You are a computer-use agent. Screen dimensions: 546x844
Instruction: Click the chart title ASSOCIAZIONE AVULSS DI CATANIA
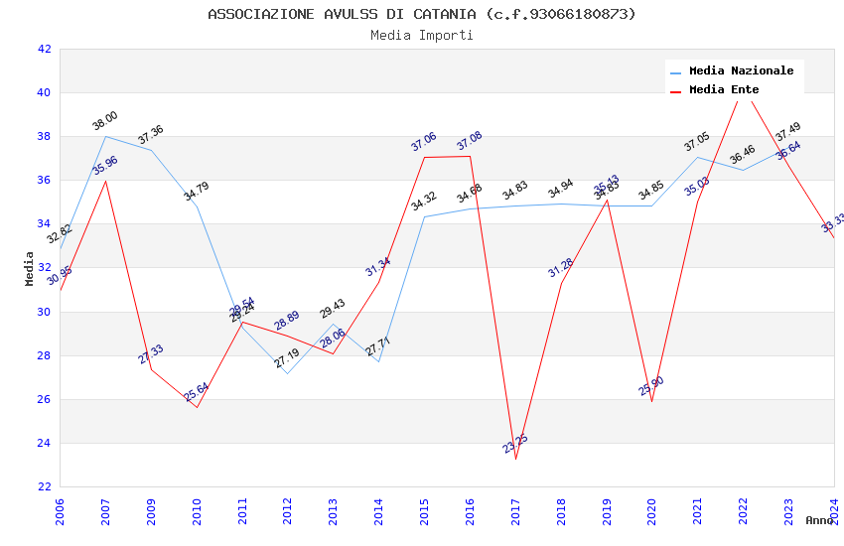click(x=422, y=14)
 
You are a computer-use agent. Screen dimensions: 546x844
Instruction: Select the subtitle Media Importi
click(x=422, y=35)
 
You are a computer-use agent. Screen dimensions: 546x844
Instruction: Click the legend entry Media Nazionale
click(x=741, y=70)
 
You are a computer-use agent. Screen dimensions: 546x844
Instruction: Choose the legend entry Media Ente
click(x=724, y=89)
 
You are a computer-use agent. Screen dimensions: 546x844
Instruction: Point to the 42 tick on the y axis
click(x=44, y=49)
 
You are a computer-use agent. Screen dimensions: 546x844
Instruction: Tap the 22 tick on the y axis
click(x=44, y=486)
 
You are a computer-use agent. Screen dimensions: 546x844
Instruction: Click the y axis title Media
click(x=30, y=268)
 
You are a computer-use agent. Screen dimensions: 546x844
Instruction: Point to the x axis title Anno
click(x=819, y=520)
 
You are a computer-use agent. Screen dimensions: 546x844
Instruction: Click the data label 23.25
click(x=515, y=444)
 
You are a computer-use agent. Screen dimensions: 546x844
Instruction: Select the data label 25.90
click(x=651, y=385)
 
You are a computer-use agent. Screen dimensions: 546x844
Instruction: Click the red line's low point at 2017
click(x=516, y=459)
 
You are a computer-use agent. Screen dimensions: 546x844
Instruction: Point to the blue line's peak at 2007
click(x=106, y=136)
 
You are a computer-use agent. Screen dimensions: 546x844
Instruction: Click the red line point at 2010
click(x=197, y=407)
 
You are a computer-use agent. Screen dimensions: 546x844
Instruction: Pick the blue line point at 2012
click(x=288, y=373)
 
